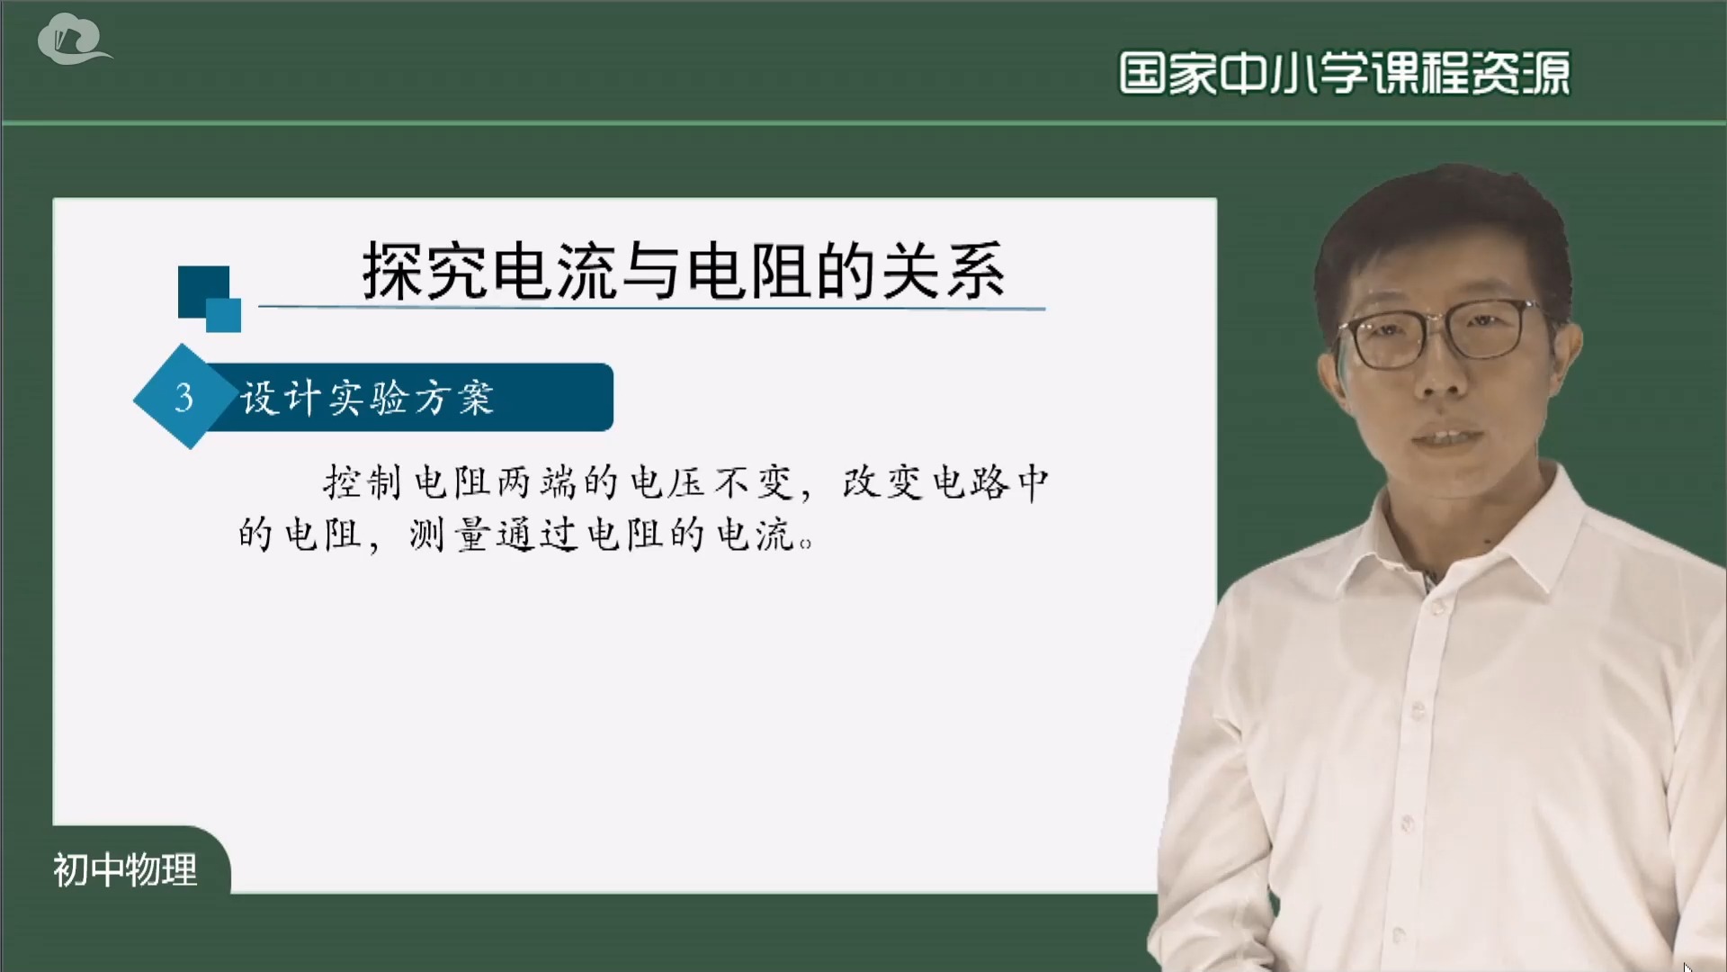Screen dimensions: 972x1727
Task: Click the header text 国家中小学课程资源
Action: point(1344,74)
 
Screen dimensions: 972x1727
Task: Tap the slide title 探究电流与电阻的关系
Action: point(684,271)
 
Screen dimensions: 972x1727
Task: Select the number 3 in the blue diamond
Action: point(184,397)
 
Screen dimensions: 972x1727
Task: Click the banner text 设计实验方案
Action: point(367,398)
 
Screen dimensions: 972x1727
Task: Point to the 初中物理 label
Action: point(125,869)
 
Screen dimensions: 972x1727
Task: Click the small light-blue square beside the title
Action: point(224,315)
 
